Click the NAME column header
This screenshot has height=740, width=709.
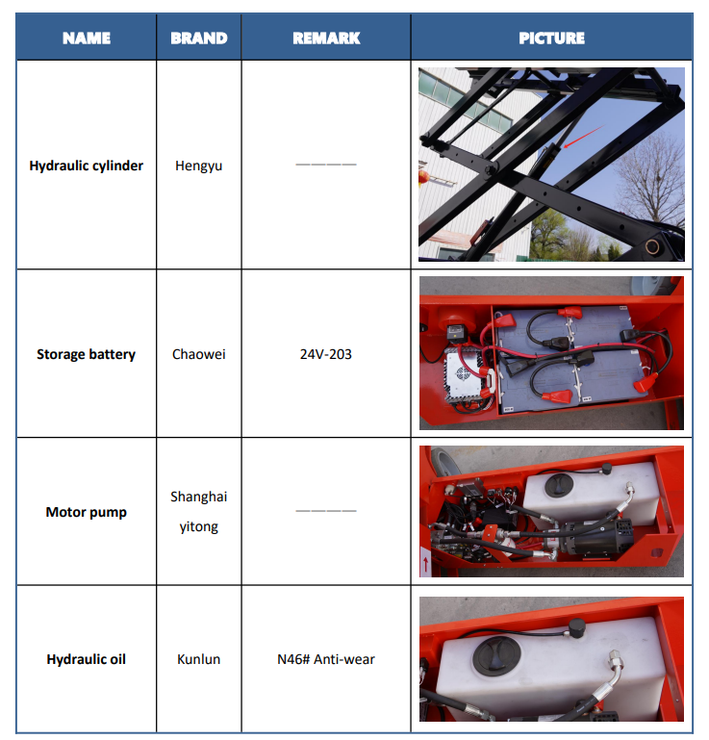(87, 38)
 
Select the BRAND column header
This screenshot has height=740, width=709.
(198, 38)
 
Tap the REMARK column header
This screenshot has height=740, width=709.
(326, 38)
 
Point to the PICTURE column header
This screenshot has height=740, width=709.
(551, 38)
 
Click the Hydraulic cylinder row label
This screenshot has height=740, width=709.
(86, 166)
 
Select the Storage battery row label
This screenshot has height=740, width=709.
(86, 354)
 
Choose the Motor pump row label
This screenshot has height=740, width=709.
(86, 512)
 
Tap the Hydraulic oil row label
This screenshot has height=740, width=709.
(86, 659)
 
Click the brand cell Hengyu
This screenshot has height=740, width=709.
(198, 166)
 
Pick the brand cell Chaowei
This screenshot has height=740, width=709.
(198, 354)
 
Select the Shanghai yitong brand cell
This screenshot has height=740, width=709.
(198, 512)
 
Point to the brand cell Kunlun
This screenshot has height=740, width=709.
(198, 659)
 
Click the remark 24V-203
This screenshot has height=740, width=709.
(326, 354)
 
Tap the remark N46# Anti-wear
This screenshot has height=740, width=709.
(326, 659)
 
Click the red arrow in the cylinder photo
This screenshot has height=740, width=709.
(584, 137)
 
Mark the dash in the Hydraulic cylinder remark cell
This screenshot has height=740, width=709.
(326, 165)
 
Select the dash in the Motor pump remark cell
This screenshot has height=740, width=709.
(326, 511)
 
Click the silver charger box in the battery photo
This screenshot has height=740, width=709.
(465, 376)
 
